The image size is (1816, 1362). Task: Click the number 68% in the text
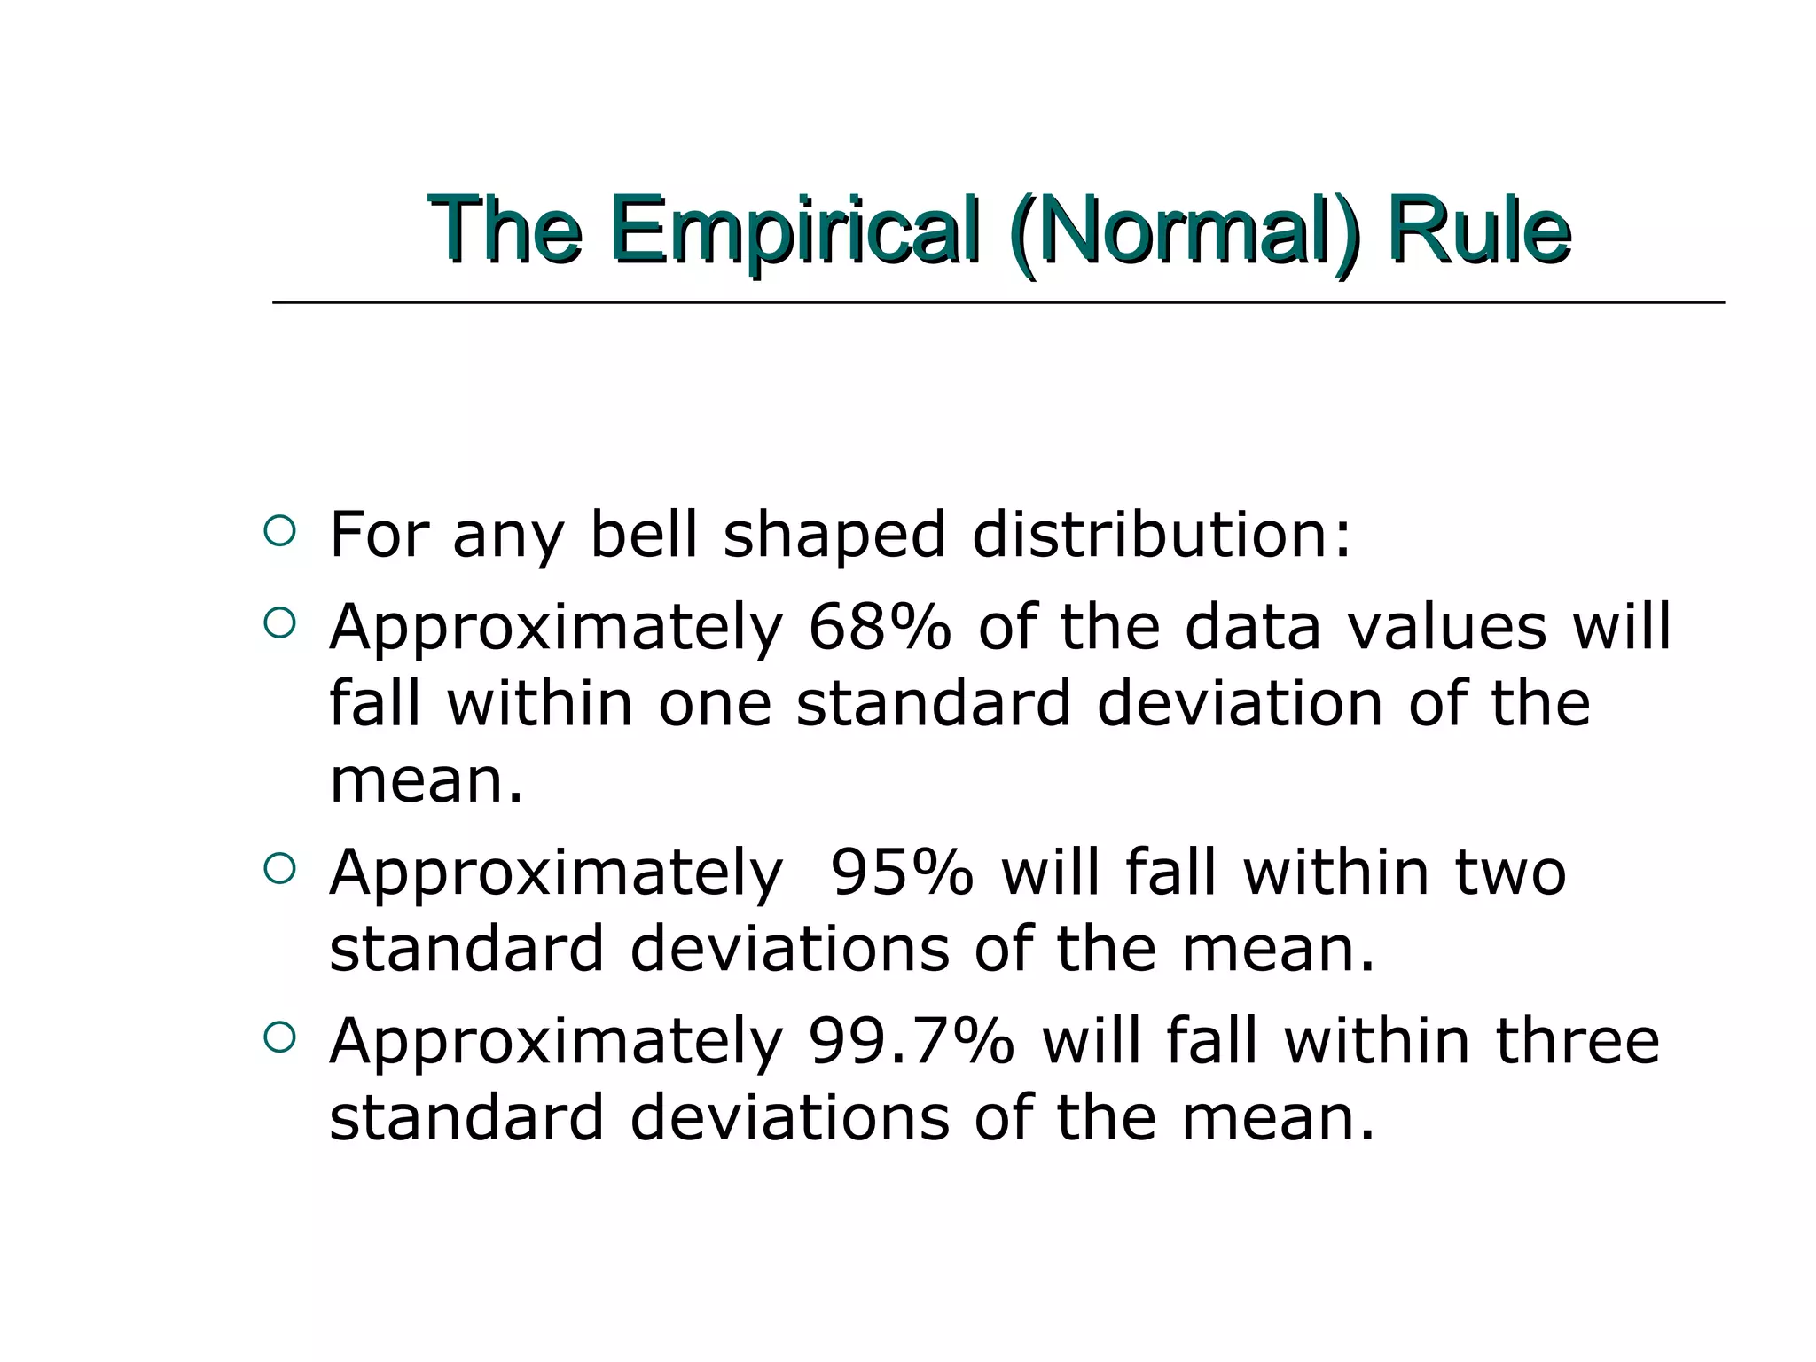(x=879, y=627)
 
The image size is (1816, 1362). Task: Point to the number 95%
(x=901, y=873)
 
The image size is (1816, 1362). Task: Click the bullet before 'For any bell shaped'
(x=279, y=531)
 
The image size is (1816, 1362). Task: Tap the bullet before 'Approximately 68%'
(x=279, y=623)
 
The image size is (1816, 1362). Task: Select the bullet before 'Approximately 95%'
(x=279, y=869)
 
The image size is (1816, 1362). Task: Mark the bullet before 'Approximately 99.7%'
(x=279, y=1037)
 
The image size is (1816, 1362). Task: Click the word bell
(x=644, y=535)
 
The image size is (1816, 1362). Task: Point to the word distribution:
(x=1162, y=535)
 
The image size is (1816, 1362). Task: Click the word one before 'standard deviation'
(x=715, y=704)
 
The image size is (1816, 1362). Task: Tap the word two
(x=1510, y=873)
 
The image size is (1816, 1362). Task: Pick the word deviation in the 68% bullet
(x=1240, y=704)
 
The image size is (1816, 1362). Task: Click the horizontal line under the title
(x=998, y=303)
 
